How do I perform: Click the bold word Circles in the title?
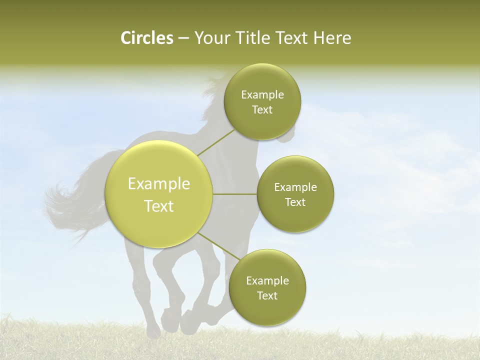coord(146,38)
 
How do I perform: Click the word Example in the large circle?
coord(159,184)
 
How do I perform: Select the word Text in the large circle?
coord(159,206)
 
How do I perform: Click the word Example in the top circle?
coord(262,95)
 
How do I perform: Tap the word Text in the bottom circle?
coord(267,295)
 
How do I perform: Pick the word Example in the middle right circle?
coord(295,187)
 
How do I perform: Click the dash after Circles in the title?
coord(183,38)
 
